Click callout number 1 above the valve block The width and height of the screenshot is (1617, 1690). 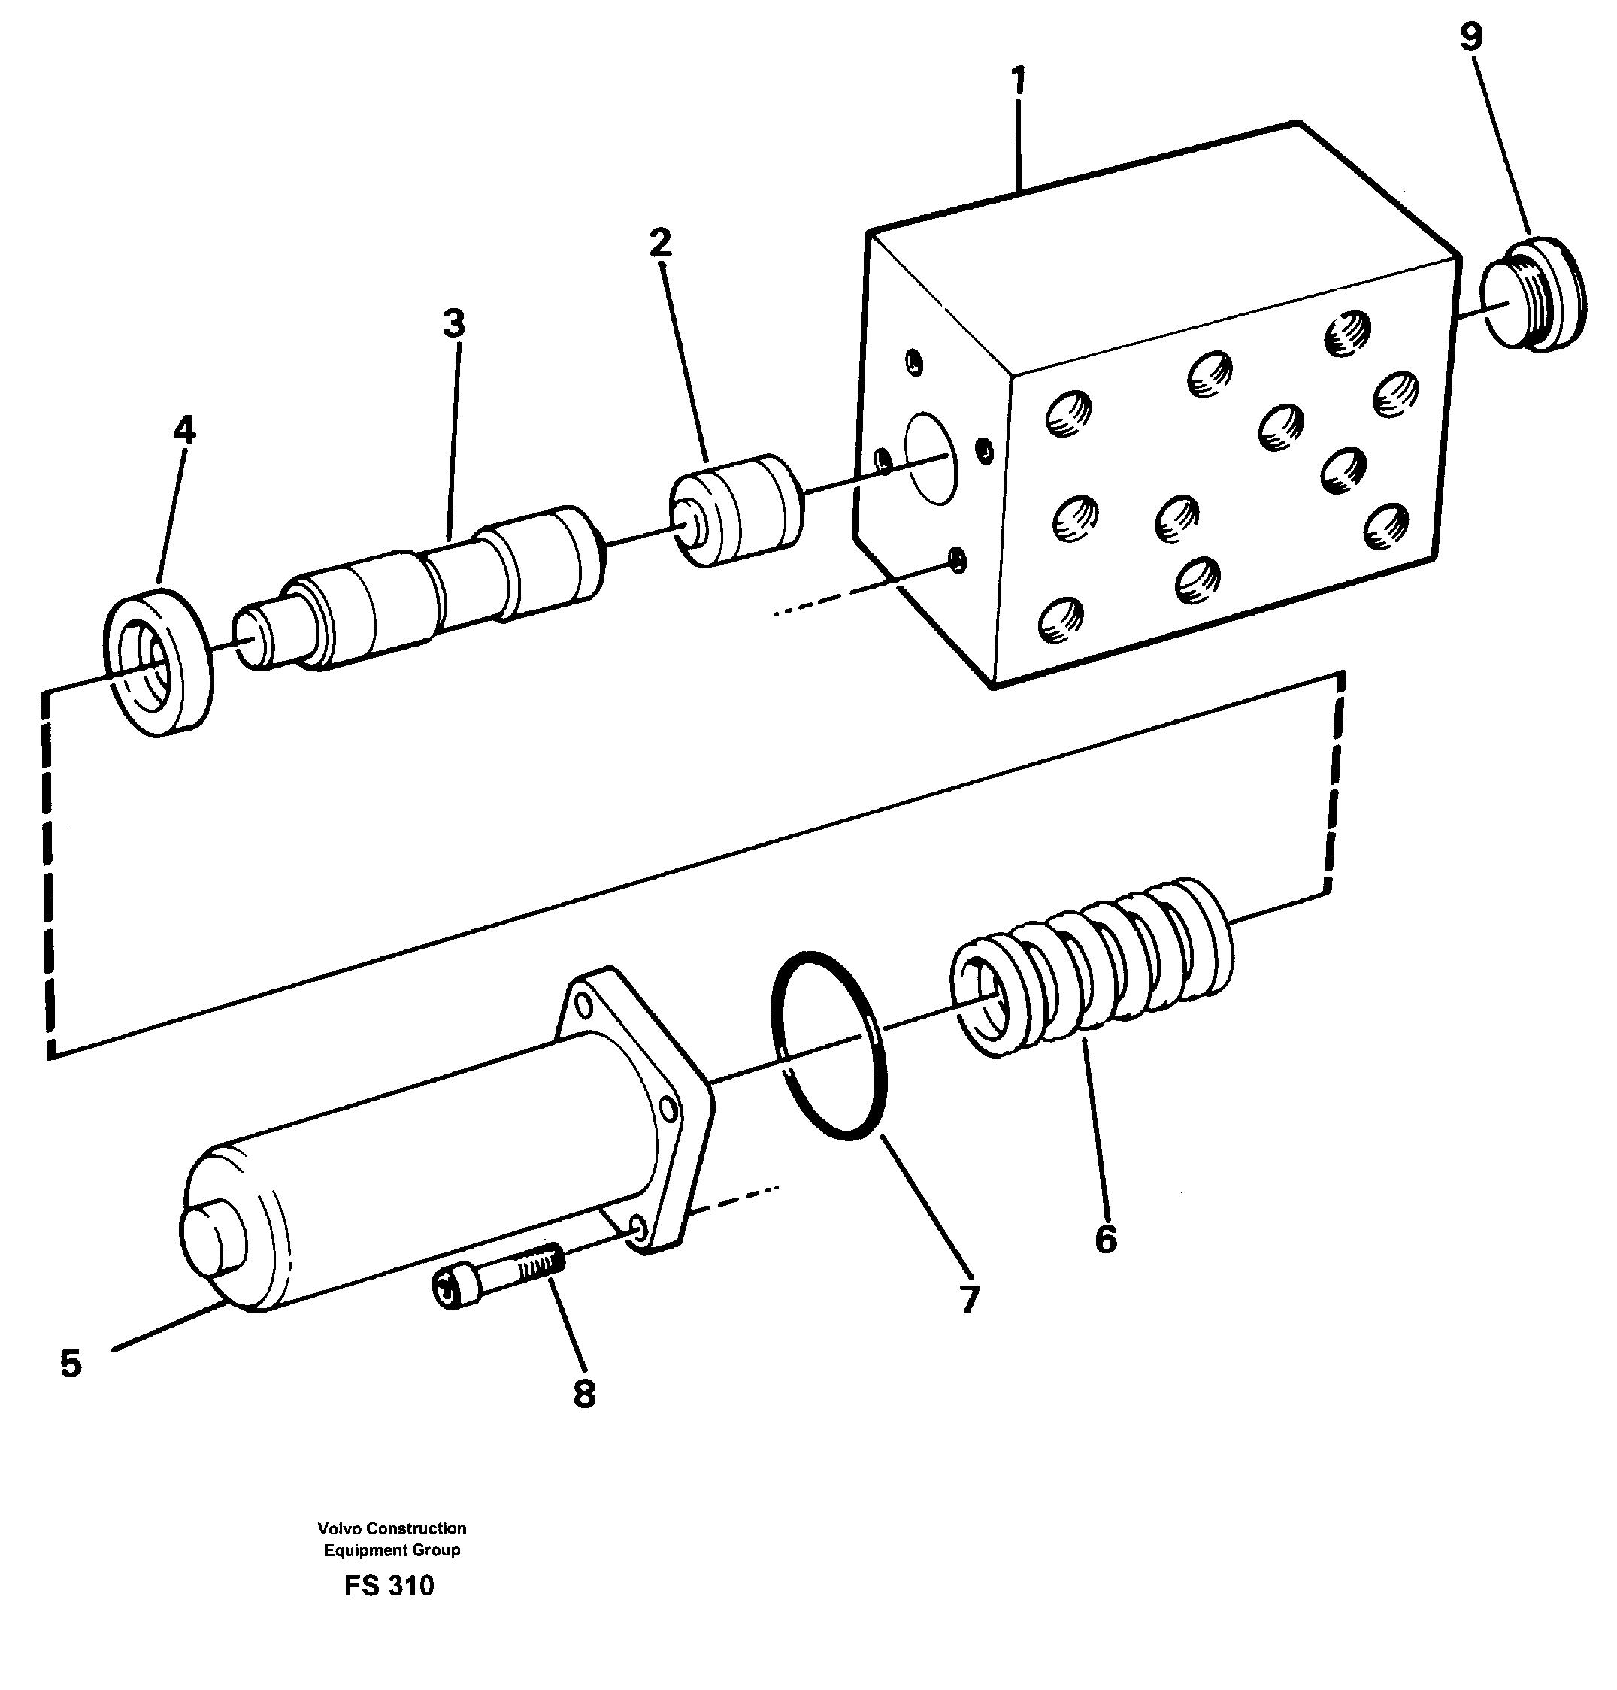coord(1018,81)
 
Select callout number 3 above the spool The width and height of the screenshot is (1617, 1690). coord(453,324)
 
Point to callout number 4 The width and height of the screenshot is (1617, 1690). coord(183,430)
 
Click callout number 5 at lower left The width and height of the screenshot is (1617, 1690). coord(71,1364)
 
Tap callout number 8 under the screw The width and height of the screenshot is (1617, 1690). coord(584,1394)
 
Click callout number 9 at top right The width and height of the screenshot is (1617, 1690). coord(1471,37)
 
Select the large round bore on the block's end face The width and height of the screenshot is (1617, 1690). coord(928,458)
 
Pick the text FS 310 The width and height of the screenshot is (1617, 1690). coord(389,1586)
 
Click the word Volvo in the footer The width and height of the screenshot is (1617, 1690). coord(339,1528)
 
